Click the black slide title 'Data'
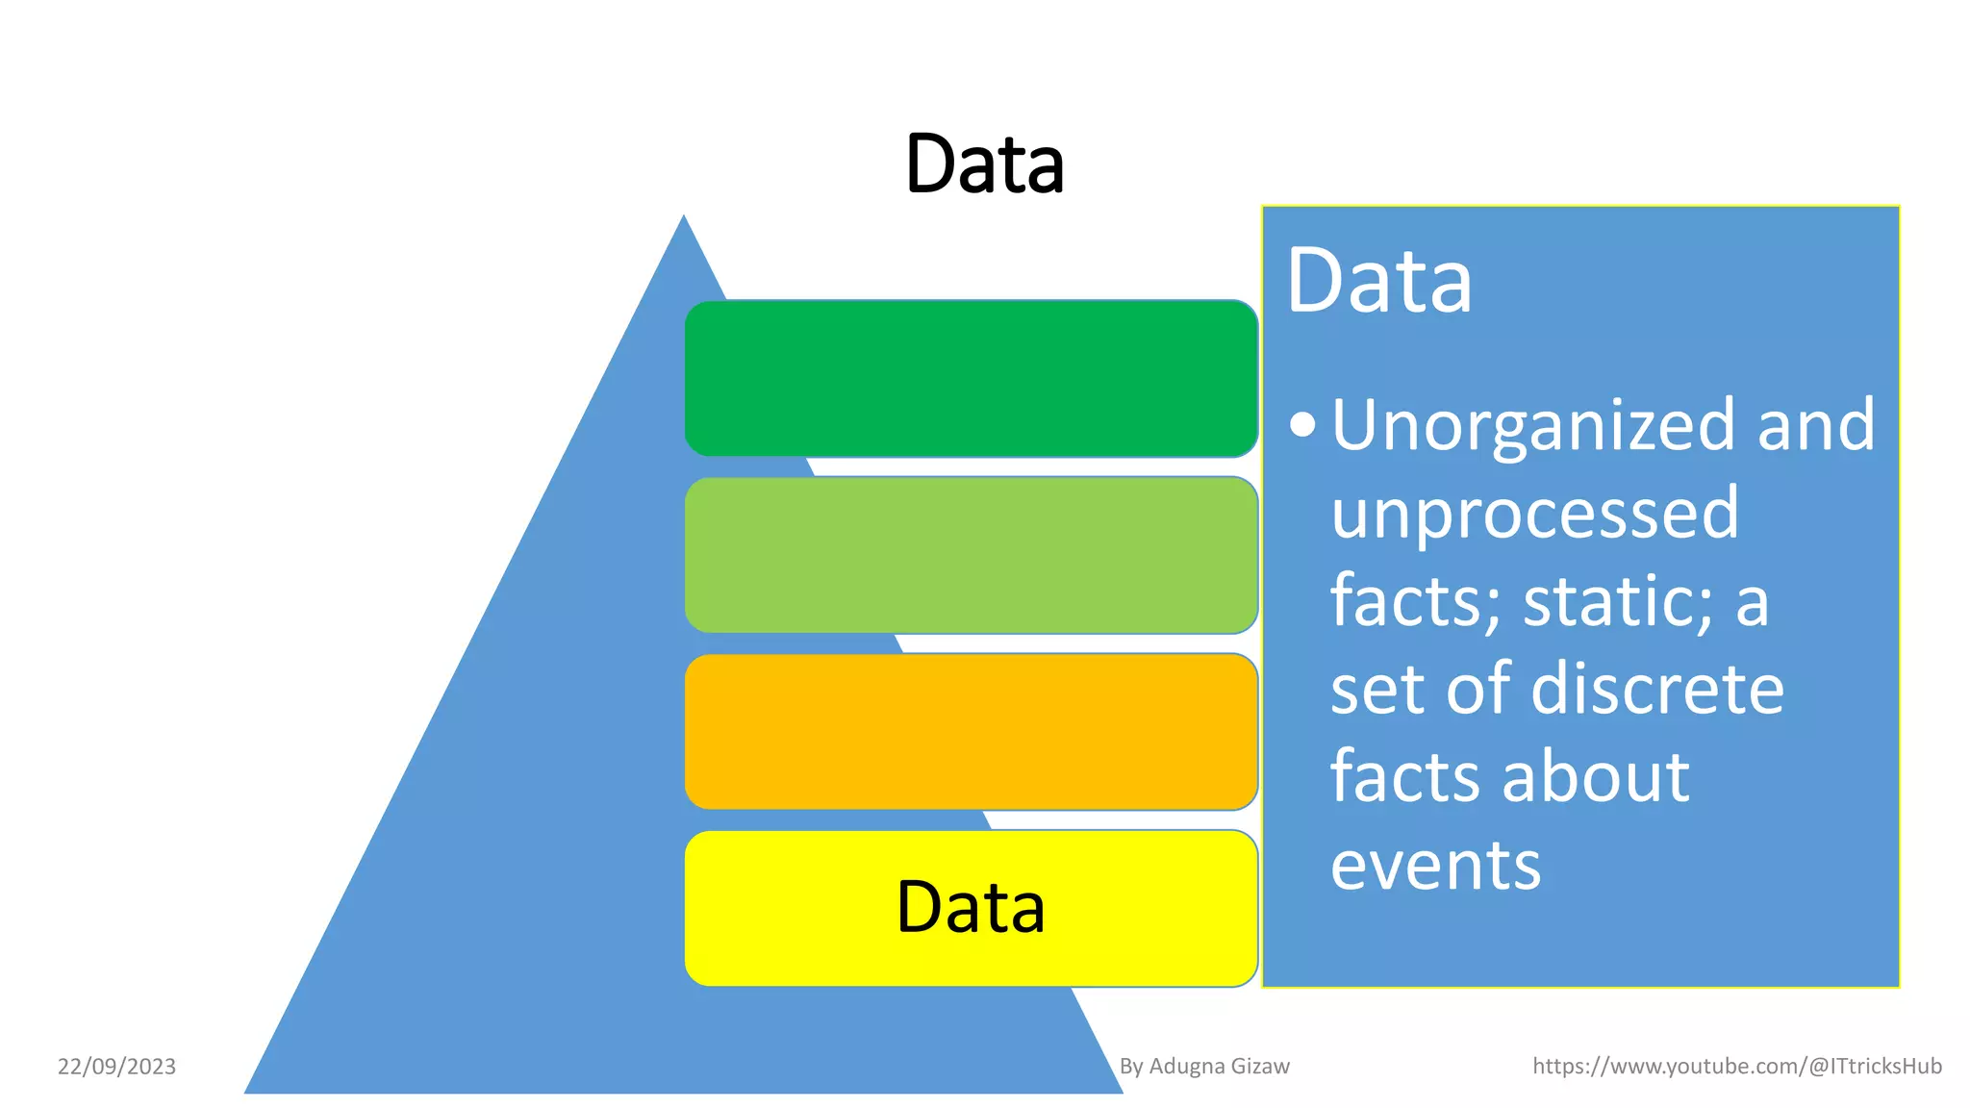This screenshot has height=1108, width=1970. pos(984,164)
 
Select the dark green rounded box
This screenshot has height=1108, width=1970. pos(971,378)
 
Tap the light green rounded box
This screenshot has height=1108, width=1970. pos(971,555)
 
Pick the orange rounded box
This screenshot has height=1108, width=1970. pos(971,732)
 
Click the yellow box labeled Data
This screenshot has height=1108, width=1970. pos(971,908)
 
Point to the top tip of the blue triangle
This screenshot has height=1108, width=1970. pos(684,218)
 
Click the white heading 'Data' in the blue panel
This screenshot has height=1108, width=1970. pos(1378,281)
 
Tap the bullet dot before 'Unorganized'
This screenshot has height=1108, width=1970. pos(1302,424)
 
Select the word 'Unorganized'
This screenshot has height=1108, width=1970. pos(1535,425)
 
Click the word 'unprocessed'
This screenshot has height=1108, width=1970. pos(1534,514)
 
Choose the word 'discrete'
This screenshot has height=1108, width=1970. pos(1656,689)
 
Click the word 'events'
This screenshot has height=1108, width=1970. pos(1435,865)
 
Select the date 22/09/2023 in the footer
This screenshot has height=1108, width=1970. pos(116,1067)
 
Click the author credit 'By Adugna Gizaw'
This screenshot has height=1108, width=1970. pos(1204,1067)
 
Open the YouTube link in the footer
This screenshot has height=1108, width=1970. pos(1736,1067)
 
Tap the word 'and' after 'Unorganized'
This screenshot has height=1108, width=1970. pos(1816,425)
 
